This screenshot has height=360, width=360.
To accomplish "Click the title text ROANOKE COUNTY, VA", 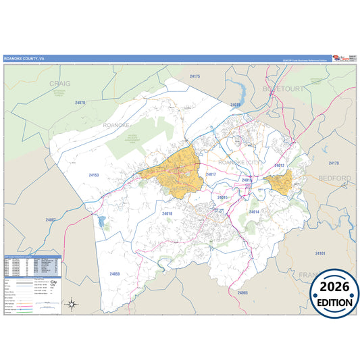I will (24, 59).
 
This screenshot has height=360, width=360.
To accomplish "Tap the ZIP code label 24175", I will (195, 77).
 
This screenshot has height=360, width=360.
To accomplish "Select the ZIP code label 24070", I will (80, 103).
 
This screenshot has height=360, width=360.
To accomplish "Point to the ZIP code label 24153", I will (94, 175).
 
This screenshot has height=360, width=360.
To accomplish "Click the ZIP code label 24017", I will (210, 174).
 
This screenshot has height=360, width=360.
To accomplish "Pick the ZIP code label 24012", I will (279, 165).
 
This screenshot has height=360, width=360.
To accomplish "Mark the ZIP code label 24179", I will (333, 163).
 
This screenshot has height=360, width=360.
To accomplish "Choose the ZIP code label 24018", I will (168, 213).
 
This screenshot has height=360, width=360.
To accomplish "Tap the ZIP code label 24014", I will (254, 212).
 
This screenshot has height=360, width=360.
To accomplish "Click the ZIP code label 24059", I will (114, 274).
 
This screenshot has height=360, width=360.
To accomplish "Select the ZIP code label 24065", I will (243, 292).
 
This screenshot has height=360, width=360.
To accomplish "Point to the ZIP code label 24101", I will (320, 253).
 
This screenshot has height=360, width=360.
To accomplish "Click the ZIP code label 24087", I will (51, 220).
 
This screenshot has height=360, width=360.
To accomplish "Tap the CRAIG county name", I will (59, 84).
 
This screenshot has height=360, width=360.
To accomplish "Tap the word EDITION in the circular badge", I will (335, 303).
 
